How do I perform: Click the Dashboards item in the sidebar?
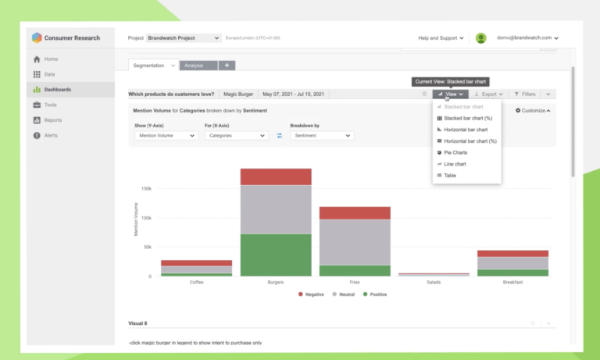(57, 90)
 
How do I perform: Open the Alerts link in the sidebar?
(51, 135)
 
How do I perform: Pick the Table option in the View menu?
(450, 176)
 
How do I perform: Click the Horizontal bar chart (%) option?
(470, 141)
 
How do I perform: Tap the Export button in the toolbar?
(488, 94)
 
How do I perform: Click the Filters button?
(524, 94)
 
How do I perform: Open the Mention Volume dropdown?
(166, 135)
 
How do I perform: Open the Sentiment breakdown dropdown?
(321, 135)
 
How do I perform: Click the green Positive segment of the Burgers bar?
(276, 255)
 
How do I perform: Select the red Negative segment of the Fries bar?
(355, 212)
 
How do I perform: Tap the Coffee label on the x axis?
(197, 282)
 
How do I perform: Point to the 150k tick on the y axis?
(146, 188)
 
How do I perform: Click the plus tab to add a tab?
(227, 66)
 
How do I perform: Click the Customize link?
(533, 111)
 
